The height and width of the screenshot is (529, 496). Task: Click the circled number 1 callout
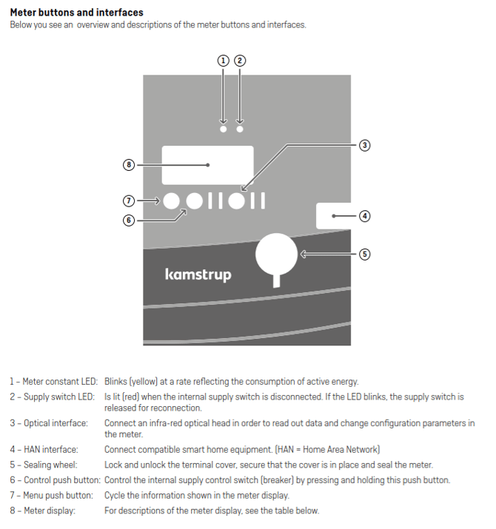[224, 61]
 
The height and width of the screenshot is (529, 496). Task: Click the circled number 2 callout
[240, 61]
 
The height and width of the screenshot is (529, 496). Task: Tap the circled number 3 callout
[364, 145]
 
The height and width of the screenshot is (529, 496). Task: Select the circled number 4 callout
[364, 216]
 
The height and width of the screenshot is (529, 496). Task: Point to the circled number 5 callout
[364, 254]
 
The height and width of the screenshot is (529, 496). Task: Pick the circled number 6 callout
[129, 220]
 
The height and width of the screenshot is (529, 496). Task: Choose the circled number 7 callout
[129, 201]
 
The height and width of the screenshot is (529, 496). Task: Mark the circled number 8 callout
[129, 165]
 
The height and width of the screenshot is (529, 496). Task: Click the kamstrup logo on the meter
[198, 274]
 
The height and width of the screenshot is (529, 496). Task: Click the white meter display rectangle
[207, 165]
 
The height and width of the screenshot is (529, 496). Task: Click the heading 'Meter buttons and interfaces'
[76, 13]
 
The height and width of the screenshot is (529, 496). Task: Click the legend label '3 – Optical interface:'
[49, 423]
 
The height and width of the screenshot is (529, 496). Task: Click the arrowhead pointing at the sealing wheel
[303, 254]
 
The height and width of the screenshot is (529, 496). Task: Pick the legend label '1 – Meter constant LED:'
[54, 382]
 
